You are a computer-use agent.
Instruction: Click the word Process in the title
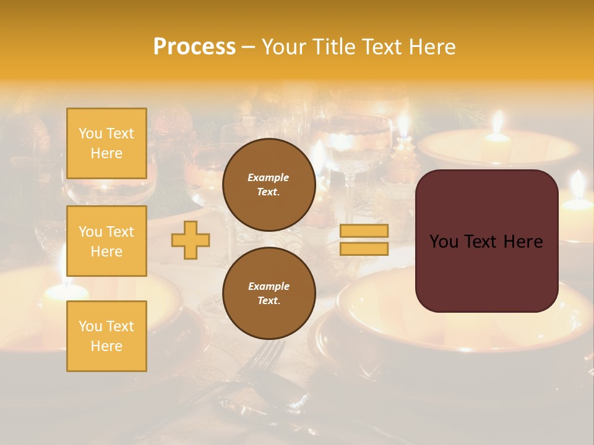[x=194, y=47]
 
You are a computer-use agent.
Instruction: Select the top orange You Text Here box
[x=106, y=143]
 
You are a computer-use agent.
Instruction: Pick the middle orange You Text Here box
[x=106, y=241]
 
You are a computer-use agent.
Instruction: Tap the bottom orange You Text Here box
[x=106, y=336]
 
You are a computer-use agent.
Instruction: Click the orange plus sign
[x=191, y=240]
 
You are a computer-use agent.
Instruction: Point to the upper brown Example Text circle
[x=269, y=185]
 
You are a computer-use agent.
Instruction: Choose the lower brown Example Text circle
[x=269, y=294]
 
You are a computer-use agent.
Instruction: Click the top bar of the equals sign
[x=364, y=231]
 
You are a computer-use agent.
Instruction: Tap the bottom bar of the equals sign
[x=364, y=248]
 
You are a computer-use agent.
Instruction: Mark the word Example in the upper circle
[x=269, y=177]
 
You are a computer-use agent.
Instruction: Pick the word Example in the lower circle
[x=269, y=286]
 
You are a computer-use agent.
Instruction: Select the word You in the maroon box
[x=444, y=242]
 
